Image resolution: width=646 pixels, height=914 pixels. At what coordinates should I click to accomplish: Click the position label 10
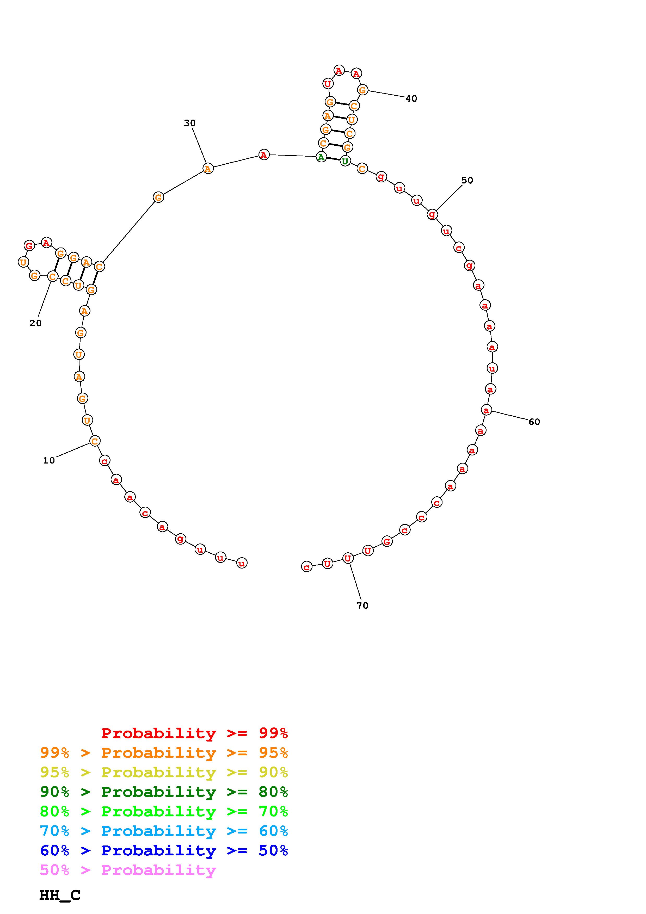tap(49, 461)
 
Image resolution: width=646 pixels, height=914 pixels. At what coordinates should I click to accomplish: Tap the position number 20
tap(35, 323)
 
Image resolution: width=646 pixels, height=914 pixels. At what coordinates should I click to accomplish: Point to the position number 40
tap(411, 99)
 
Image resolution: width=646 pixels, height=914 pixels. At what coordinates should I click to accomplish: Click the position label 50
tap(467, 180)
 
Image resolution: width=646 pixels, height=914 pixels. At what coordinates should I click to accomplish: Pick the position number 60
tap(534, 422)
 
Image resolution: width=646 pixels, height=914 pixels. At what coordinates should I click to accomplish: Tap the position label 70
tap(362, 606)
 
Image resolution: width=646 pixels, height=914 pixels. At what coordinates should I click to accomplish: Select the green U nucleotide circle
tap(345, 161)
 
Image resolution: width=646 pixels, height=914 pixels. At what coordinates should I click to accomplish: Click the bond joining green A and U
tap(333, 159)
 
